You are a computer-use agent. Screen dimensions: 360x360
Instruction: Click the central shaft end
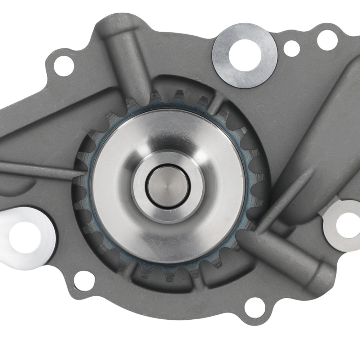coord(166,186)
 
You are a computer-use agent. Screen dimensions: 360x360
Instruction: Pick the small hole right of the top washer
coord(291,48)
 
